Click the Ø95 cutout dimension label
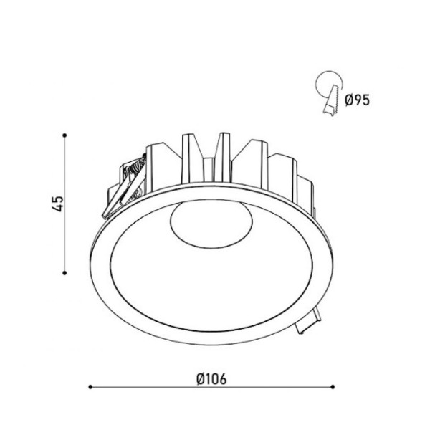pyautogui.click(x=358, y=100)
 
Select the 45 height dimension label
pyautogui.click(x=57, y=204)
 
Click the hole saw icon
pyautogui.click(x=330, y=92)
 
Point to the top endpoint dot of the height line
pyautogui.click(x=64, y=135)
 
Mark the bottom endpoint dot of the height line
pyautogui.click(x=64, y=273)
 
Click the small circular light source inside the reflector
pyautogui.click(x=211, y=224)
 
